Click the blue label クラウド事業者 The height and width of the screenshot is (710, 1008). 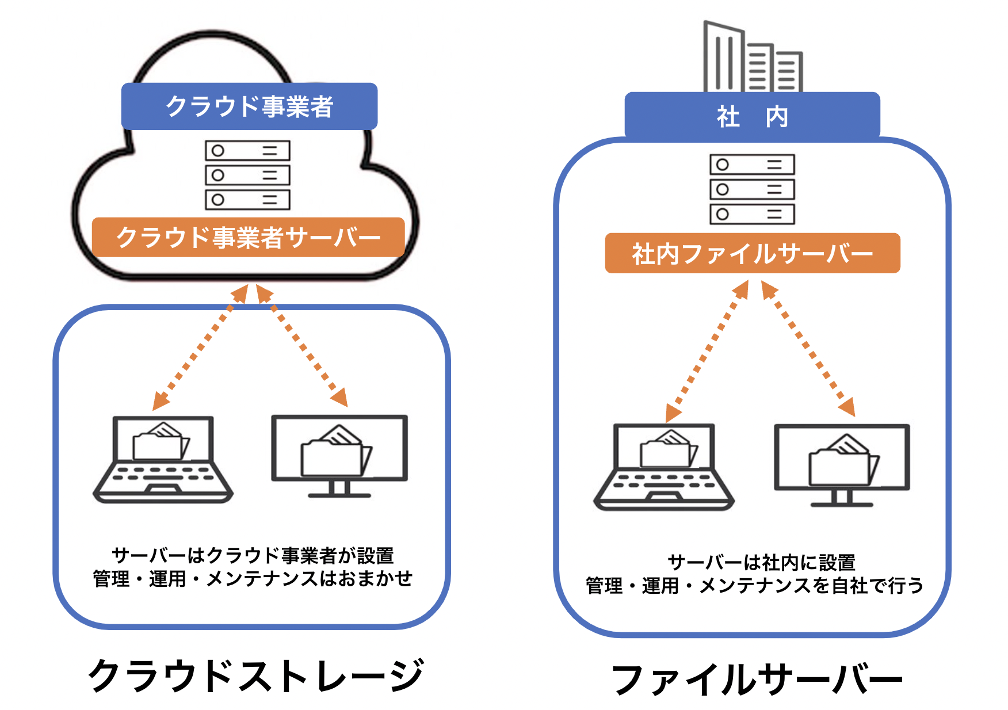[249, 106]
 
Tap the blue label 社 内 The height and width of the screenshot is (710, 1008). [752, 117]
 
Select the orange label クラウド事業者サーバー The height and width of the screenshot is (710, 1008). [248, 237]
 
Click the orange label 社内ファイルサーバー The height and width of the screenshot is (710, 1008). [752, 253]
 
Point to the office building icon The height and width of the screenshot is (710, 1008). [751, 58]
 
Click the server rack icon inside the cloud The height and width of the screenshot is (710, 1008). [247, 175]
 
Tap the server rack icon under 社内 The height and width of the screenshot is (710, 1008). [751, 189]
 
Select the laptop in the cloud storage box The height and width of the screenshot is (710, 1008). [163, 460]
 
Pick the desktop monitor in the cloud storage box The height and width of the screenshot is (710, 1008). [339, 455]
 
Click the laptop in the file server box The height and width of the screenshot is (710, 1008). [663, 467]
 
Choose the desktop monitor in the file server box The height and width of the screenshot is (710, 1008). [842, 464]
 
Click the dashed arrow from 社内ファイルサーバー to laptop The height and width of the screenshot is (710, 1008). [707, 351]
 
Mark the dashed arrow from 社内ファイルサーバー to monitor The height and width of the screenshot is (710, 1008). [808, 349]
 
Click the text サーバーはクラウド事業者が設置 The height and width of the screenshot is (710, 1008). [253, 555]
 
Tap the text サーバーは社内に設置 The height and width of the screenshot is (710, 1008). [761, 562]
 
